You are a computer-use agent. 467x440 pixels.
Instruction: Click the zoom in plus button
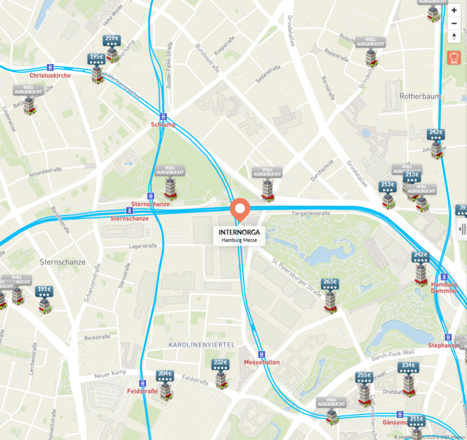pyautogui.click(x=454, y=10)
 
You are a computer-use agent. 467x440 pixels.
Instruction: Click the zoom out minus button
pyautogui.click(x=454, y=23)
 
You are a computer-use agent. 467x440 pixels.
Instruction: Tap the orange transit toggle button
pyautogui.click(x=454, y=57)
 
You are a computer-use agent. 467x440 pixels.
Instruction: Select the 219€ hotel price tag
pyautogui.click(x=111, y=39)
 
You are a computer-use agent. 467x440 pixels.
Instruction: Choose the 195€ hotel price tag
pyautogui.click(x=97, y=57)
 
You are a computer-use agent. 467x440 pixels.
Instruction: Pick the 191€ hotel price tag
pyautogui.click(x=44, y=290)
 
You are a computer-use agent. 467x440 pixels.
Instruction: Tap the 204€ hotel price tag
pyautogui.click(x=165, y=374)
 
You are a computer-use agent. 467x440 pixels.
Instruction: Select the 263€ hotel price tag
pyautogui.click(x=330, y=282)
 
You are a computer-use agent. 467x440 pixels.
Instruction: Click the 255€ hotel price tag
pyautogui.click(x=364, y=376)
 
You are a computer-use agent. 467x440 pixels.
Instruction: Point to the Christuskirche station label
pyautogui.click(x=50, y=75)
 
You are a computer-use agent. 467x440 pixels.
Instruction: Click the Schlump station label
pyautogui.click(x=163, y=125)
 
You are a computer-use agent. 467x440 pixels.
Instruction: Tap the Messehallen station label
pyautogui.click(x=262, y=362)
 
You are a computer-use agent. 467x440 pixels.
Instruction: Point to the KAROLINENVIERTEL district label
pyautogui.click(x=201, y=344)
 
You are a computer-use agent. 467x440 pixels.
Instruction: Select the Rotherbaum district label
pyautogui.click(x=420, y=96)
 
